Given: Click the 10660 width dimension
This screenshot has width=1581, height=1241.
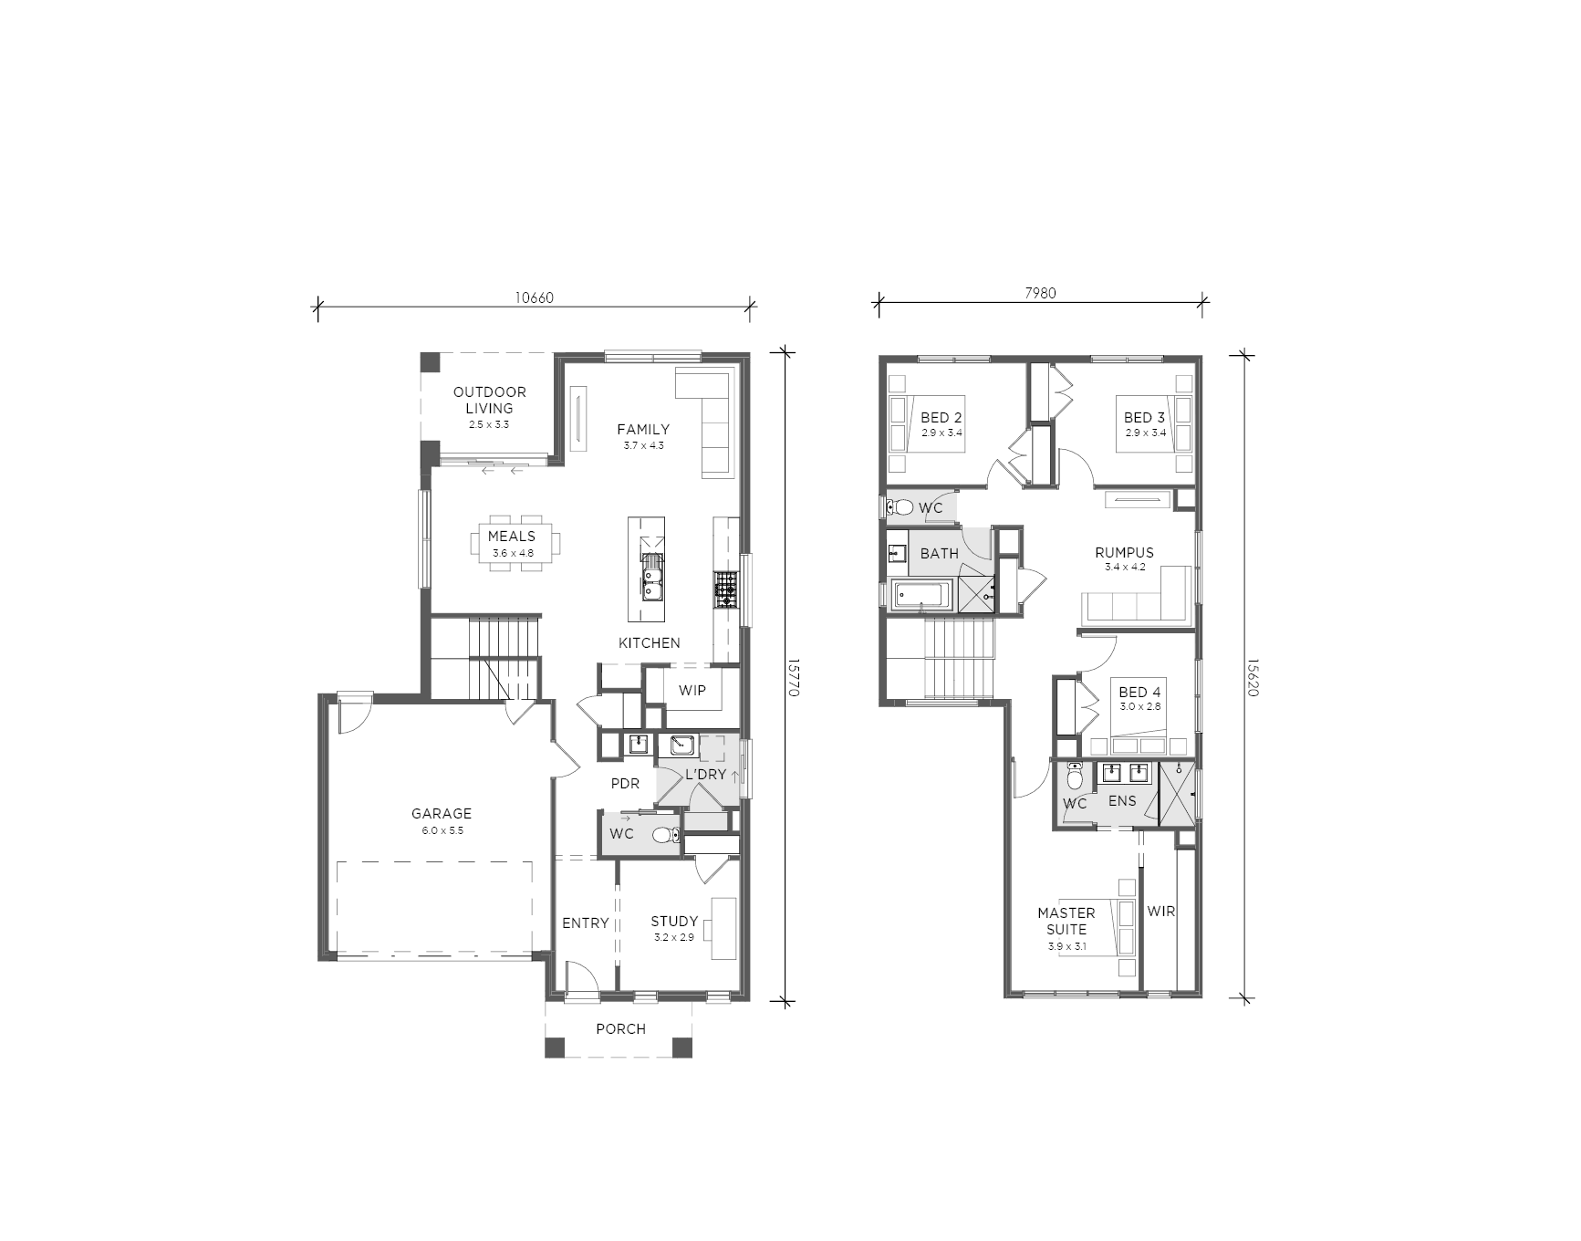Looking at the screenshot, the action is [x=535, y=297].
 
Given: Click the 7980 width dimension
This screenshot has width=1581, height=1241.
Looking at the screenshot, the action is [x=1040, y=293].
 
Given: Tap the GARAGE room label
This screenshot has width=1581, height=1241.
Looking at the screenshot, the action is [x=442, y=813].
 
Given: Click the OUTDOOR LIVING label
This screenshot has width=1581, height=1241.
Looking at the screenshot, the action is [x=490, y=401].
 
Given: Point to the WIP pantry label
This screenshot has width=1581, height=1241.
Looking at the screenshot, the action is [x=692, y=691].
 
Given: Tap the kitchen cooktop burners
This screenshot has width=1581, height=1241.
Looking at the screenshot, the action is [x=725, y=589].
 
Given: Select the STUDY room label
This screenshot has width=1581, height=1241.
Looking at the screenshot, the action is [x=674, y=922].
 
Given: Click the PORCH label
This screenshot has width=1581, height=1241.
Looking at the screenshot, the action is [x=620, y=1028].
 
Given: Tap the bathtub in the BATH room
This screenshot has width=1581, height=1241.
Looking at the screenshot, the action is [x=921, y=594].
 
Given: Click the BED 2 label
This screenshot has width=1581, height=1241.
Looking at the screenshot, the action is [x=941, y=418].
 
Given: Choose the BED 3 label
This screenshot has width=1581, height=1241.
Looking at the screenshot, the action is [x=1144, y=418].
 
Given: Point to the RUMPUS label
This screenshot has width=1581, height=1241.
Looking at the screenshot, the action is [x=1124, y=552].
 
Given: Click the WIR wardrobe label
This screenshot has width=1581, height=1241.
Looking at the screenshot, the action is [x=1160, y=911].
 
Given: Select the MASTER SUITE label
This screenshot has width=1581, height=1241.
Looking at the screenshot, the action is [x=1066, y=921].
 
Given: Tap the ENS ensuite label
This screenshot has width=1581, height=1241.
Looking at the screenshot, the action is [x=1122, y=800].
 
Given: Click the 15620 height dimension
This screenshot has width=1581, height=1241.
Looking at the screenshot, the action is [x=1253, y=679].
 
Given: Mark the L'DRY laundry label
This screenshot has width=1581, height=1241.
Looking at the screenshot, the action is [x=706, y=775].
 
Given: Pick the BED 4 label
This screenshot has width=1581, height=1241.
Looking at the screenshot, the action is [x=1139, y=693].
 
